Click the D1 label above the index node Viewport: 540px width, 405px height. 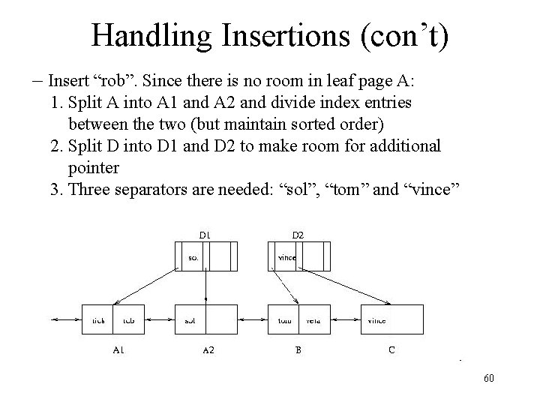tap(204, 235)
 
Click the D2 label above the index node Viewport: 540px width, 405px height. tap(298, 235)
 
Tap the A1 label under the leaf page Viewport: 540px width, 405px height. tap(118, 349)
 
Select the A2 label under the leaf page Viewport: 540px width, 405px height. tap(208, 350)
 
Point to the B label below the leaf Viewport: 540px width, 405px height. tap(298, 349)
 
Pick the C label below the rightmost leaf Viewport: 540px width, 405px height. tap(391, 349)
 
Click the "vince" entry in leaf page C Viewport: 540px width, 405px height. tap(376, 320)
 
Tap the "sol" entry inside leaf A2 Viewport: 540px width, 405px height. tap(190, 320)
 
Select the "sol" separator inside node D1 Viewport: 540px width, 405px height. tap(193, 258)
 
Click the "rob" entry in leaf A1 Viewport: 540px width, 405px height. tap(129, 320)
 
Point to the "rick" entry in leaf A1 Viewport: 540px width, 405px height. tap(98, 320)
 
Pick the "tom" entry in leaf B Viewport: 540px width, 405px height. tap(284, 320)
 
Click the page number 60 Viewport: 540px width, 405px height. tap(489, 379)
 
